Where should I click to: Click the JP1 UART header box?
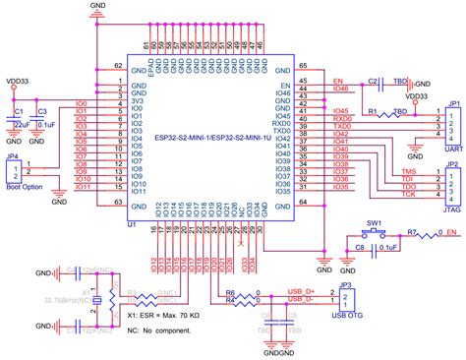pyautogui.click(x=453, y=122)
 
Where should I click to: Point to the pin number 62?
pyautogui.click(x=119, y=66)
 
